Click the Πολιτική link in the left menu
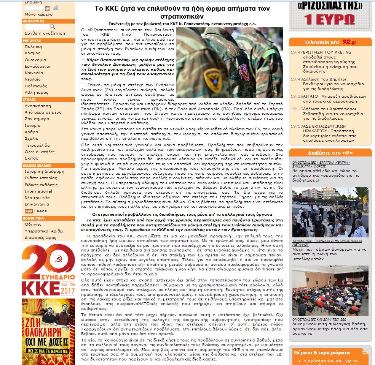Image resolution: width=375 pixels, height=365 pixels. coord(34,46)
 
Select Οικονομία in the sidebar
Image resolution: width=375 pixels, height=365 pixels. coord(35,60)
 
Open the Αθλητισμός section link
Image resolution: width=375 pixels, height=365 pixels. coord(37,92)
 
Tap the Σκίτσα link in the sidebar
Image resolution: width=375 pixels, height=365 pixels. coord(32,158)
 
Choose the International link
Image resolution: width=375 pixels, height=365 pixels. coord(38,191)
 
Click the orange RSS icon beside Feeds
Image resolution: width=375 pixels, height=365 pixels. coord(29,211)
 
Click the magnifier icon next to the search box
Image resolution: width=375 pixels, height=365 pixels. coord(52,27)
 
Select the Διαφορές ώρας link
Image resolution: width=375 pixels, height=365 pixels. coord(40,238)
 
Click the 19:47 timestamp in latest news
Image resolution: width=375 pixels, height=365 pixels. coord(297,52)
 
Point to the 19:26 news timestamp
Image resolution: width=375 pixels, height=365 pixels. coord(297,96)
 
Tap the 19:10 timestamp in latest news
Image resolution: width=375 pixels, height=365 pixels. coord(297,126)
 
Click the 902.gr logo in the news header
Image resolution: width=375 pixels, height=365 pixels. coord(349,42)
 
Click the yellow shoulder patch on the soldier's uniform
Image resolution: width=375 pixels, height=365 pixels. coord(212,75)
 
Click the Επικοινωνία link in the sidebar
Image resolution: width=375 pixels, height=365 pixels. coord(37,204)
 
